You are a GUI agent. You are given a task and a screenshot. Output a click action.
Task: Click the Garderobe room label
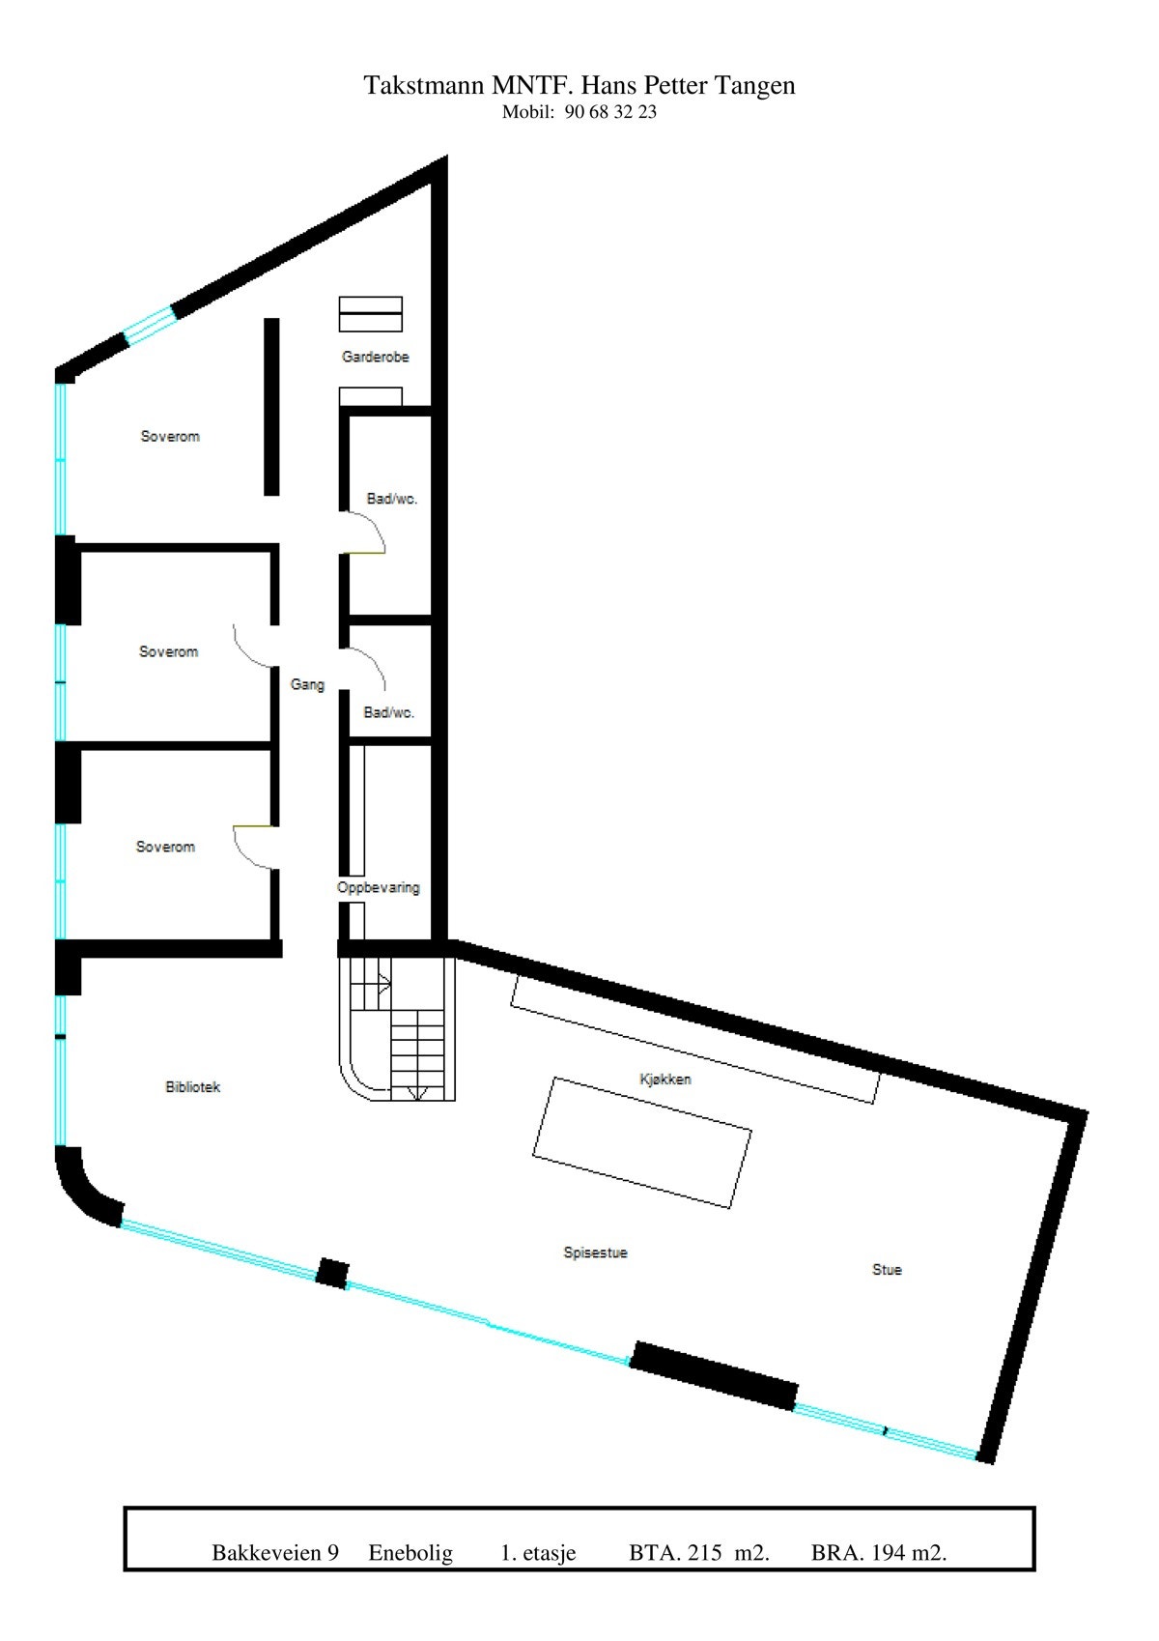[x=375, y=357]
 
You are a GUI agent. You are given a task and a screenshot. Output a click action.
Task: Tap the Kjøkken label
[x=665, y=1079]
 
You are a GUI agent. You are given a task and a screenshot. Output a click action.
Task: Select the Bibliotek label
[x=193, y=1087]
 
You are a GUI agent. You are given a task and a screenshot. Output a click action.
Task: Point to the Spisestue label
[x=595, y=1252]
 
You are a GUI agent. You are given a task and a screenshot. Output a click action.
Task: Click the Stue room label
[x=887, y=1270]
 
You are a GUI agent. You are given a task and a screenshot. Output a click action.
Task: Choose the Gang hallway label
[x=307, y=684]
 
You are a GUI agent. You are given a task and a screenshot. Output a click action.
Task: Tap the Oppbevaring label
[x=379, y=887]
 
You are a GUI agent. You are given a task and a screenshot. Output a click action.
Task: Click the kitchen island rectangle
[x=642, y=1142]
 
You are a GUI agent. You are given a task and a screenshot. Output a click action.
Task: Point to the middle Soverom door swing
[x=252, y=646]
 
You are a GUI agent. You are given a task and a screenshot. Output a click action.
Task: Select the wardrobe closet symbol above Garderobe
[x=370, y=314]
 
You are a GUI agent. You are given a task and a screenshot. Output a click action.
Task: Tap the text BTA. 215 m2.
[x=698, y=1553]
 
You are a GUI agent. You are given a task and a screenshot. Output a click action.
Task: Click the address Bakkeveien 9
[x=275, y=1553]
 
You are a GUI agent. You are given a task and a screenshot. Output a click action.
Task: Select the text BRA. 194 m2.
[x=878, y=1553]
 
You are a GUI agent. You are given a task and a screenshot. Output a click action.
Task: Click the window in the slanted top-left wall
[x=150, y=325]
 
